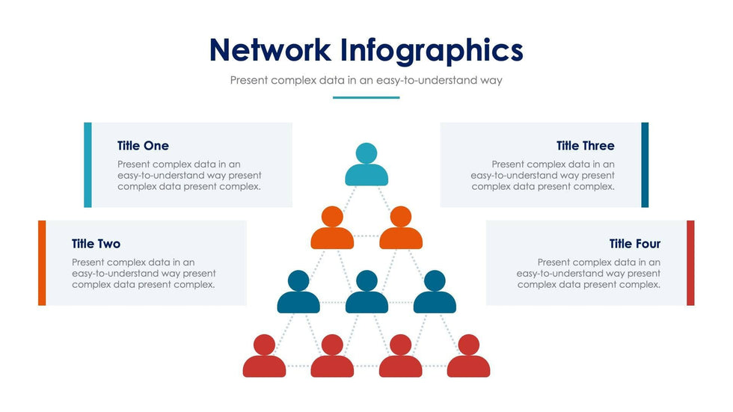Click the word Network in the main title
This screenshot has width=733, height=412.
coord(270,49)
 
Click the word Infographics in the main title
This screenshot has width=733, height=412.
coord(432,52)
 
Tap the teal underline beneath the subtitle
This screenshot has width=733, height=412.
coord(366,98)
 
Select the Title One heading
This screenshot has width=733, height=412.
coord(143,146)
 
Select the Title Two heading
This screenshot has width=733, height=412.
coord(96,244)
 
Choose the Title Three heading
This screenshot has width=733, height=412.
coord(585,146)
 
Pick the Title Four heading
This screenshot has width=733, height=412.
coord(635,244)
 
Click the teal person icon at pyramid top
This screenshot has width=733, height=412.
coord(366,165)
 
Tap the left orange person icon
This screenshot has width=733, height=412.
coord(332,227)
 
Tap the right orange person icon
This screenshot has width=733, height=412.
coord(401,227)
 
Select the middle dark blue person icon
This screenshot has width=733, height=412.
coord(366,292)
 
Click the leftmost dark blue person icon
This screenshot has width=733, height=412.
coord(298,292)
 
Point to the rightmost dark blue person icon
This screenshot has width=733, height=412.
coord(435,292)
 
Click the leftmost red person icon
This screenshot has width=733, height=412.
coord(264,355)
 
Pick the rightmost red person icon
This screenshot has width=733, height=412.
coord(468,355)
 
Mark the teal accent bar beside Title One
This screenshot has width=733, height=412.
coord(88,165)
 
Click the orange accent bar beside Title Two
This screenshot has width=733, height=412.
coord(42,263)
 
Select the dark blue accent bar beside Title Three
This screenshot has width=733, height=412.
coord(645,165)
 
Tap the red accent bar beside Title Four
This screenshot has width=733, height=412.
coord(690,263)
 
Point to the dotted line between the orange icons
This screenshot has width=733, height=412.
coord(366,236)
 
